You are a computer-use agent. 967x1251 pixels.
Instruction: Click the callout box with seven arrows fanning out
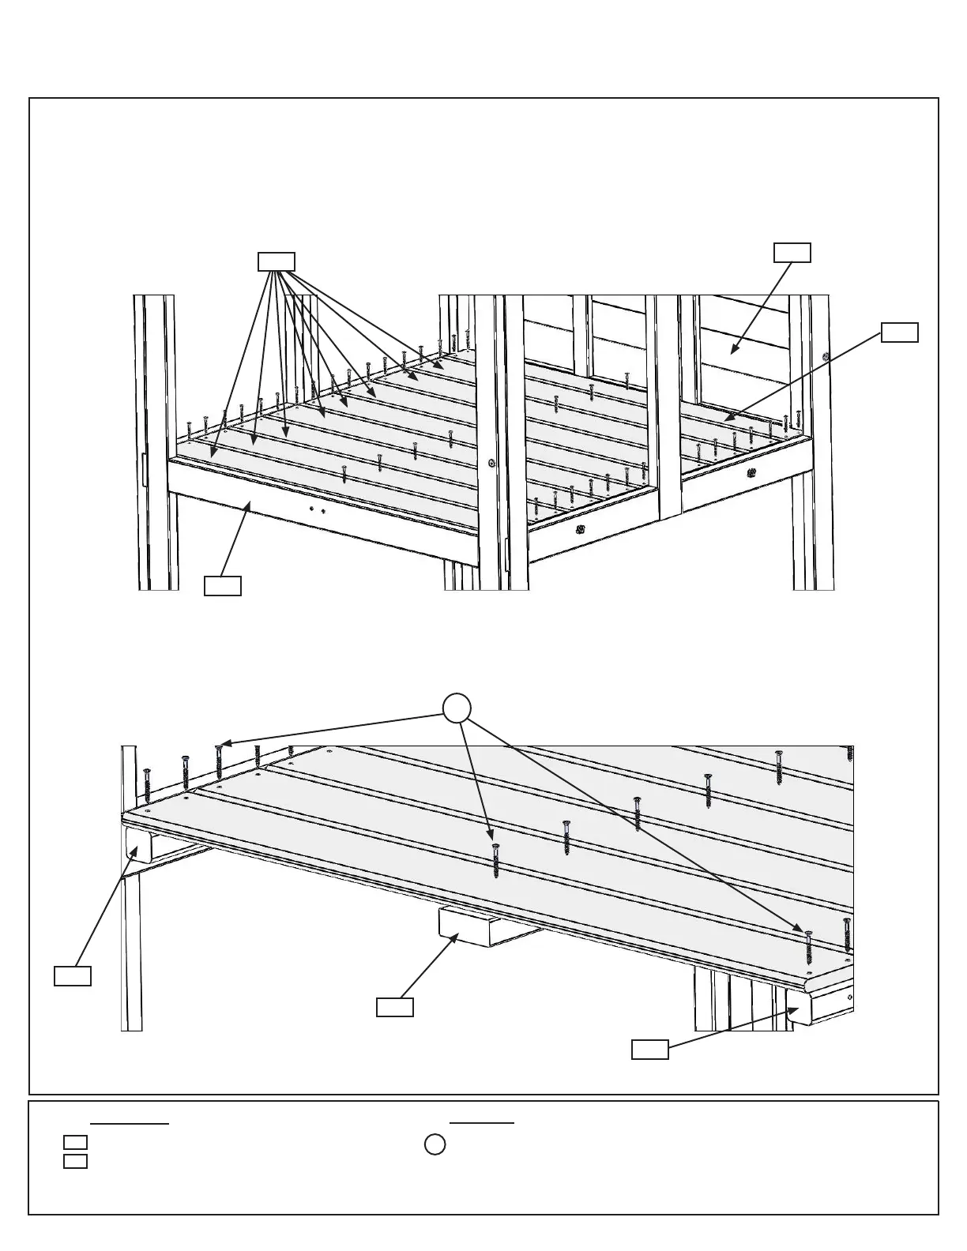pos(277,261)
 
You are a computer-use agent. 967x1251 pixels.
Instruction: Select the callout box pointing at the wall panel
pos(792,252)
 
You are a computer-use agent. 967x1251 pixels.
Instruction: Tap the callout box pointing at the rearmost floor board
pos(900,332)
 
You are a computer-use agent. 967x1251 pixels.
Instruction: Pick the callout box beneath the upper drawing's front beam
pos(223,585)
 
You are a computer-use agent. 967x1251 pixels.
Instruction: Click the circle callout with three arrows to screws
pos(457,708)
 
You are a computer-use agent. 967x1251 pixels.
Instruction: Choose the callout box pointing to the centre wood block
pos(394,1007)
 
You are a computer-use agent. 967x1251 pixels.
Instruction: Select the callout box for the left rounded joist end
pos(73,975)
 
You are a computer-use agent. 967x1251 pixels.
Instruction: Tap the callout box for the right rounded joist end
pos(650,1050)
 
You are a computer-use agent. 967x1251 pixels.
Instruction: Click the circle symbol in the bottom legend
pos(435,1144)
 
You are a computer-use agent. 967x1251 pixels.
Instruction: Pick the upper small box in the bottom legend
pos(75,1142)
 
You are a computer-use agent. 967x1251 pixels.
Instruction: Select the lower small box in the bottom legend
pos(75,1161)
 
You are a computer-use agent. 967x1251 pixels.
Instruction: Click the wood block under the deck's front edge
pos(467,926)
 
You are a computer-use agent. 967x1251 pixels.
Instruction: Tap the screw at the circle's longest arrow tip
pos(808,945)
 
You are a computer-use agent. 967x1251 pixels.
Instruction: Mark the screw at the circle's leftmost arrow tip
pos(219,759)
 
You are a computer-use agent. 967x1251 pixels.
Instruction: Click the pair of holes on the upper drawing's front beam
pos(318,510)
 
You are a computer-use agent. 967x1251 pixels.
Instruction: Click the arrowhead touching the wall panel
pos(734,350)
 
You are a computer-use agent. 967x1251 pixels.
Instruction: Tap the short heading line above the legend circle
pos(482,1122)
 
